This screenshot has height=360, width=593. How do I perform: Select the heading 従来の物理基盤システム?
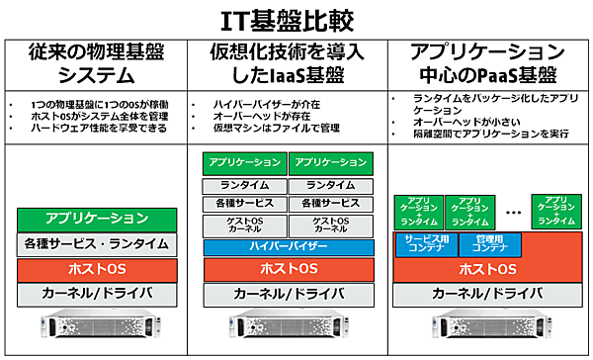96,63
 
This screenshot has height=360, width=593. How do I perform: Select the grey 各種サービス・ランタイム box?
97,243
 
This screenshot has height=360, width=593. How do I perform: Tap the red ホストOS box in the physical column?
97,269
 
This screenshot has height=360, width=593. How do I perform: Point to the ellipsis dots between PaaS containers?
513,212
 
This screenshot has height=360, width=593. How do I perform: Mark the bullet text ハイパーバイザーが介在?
255,103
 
